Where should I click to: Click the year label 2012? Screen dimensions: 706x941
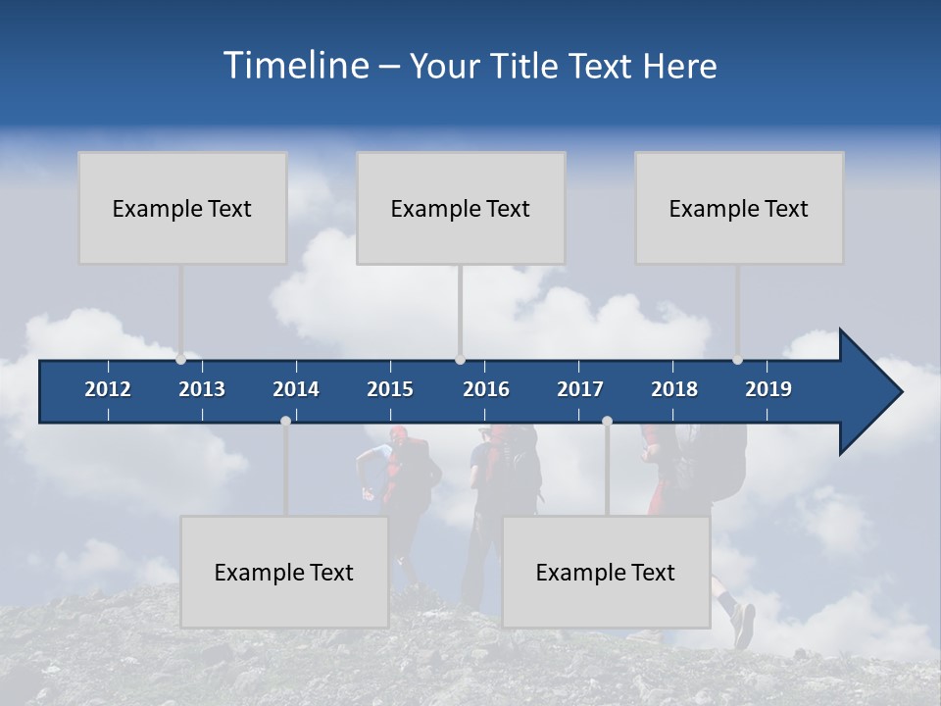click(108, 389)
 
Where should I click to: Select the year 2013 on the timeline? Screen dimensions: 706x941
click(202, 389)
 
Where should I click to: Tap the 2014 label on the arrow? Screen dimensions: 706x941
click(296, 389)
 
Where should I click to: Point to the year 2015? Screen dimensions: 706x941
click(390, 389)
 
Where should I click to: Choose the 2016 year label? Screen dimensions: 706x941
click(486, 389)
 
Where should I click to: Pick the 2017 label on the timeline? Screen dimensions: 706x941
click(580, 389)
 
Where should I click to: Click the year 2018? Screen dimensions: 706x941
click(674, 389)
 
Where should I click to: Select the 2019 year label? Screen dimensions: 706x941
click(768, 389)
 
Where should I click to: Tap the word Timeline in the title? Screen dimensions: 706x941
click(295, 66)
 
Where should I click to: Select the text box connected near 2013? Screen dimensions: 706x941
click(182, 208)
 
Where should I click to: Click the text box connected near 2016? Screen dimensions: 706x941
click(461, 208)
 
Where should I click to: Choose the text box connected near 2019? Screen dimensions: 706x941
click(739, 208)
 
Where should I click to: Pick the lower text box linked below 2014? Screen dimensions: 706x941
click(284, 572)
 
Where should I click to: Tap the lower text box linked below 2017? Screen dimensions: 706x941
click(606, 572)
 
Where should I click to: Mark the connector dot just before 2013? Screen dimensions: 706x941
click(180, 360)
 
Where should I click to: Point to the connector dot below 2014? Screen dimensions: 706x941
click(285, 421)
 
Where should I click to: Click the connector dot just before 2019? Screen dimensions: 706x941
click(737, 360)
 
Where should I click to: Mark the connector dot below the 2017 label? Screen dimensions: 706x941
click(607, 421)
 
